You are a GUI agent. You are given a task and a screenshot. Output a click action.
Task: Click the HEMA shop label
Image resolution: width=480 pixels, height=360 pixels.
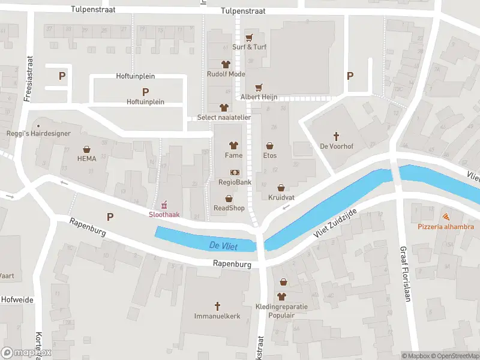click(x=86, y=159)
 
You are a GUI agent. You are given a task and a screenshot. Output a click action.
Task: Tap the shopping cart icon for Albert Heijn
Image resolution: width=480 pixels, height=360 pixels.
click(x=259, y=88)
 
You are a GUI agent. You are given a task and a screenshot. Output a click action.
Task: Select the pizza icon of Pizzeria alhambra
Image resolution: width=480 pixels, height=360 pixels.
click(x=446, y=217)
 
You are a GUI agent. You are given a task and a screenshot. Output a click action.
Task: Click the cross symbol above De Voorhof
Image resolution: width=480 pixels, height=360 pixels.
click(x=337, y=136)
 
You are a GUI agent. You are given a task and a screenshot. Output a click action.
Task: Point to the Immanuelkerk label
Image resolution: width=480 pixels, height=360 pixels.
click(x=217, y=316)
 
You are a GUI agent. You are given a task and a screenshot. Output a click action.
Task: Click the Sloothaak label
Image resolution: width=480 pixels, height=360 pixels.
click(x=163, y=214)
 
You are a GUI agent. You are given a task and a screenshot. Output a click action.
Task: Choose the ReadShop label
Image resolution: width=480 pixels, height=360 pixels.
click(x=229, y=208)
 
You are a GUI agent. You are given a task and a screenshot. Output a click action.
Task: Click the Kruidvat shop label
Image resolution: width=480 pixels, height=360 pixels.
click(x=280, y=197)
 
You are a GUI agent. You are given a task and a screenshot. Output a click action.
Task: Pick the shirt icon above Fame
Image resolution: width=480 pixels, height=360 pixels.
click(x=233, y=145)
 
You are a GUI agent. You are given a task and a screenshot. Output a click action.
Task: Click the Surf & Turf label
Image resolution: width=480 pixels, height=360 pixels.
click(x=249, y=47)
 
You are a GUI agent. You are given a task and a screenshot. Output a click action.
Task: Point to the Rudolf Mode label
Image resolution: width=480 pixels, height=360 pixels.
click(x=226, y=74)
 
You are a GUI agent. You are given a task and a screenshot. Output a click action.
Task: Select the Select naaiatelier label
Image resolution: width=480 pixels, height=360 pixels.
click(x=224, y=118)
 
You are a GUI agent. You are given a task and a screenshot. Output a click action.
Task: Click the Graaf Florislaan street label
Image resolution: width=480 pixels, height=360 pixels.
click(x=404, y=273)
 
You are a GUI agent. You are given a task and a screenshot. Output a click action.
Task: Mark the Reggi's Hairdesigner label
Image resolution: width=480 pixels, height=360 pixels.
click(x=38, y=133)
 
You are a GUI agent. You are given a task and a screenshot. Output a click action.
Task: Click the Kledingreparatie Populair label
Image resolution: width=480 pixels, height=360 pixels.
click(x=281, y=310)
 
